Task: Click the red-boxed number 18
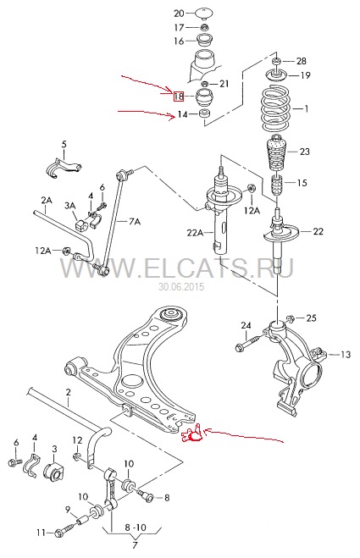click(179, 96)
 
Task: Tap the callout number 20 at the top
click(179, 14)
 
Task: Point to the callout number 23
click(304, 152)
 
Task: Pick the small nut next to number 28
click(277, 61)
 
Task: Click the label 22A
click(195, 233)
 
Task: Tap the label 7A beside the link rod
click(135, 222)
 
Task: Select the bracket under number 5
click(64, 168)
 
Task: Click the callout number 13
click(346, 355)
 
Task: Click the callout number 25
click(311, 318)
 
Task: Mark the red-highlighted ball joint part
click(192, 434)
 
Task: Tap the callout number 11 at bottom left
click(42, 533)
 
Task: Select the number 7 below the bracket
click(135, 544)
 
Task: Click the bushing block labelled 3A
click(81, 224)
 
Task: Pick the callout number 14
click(182, 114)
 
